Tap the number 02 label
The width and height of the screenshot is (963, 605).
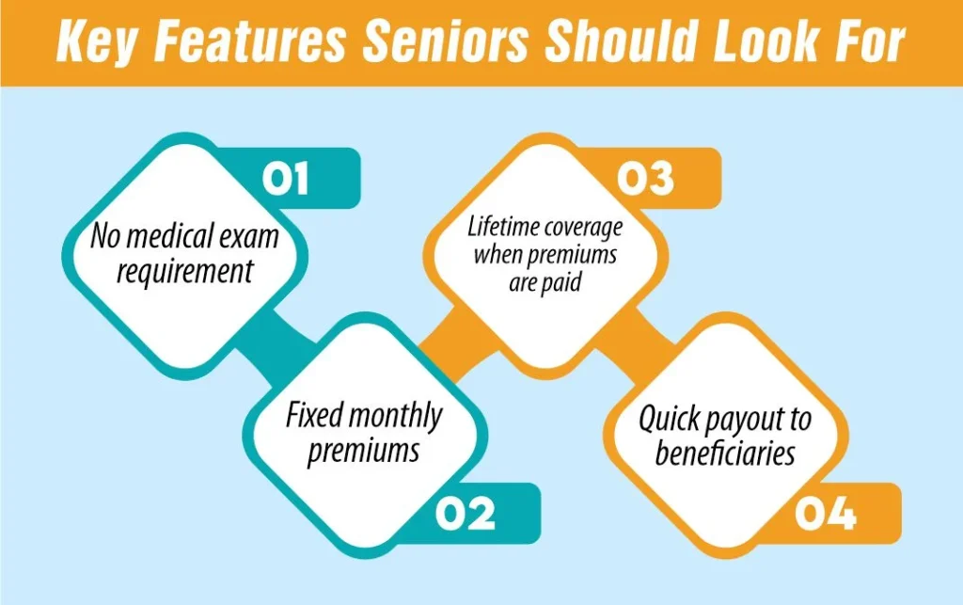pyautogui.click(x=465, y=515)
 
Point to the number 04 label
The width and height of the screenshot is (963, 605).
pyautogui.click(x=825, y=515)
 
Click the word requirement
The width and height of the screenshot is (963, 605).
pyautogui.click(x=185, y=272)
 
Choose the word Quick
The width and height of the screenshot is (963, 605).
pyautogui.click(x=669, y=419)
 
